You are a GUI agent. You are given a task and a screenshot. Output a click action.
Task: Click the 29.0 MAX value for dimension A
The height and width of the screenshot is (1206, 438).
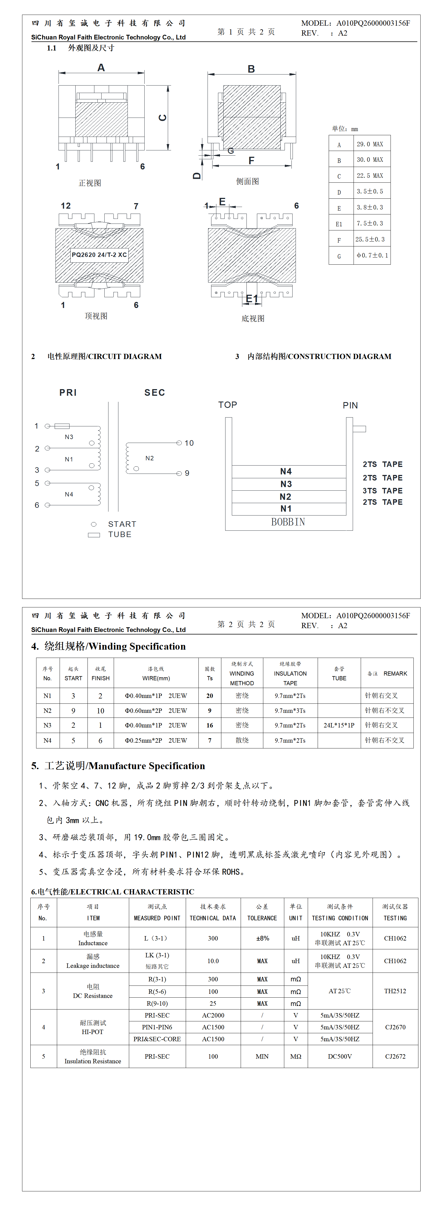click(x=370, y=144)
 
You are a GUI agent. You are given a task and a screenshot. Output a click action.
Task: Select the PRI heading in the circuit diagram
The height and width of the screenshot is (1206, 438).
click(x=68, y=393)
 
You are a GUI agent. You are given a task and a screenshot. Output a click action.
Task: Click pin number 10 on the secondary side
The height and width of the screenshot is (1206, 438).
click(x=189, y=443)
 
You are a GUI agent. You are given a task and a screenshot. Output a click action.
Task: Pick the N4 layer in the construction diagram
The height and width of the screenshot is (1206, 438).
click(x=286, y=471)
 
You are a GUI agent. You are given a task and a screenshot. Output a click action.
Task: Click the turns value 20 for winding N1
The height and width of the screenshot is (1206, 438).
click(x=209, y=696)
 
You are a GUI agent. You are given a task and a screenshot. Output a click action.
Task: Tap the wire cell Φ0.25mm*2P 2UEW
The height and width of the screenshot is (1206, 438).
click(x=156, y=740)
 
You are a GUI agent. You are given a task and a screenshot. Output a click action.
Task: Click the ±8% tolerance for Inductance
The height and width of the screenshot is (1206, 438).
click(x=262, y=938)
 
